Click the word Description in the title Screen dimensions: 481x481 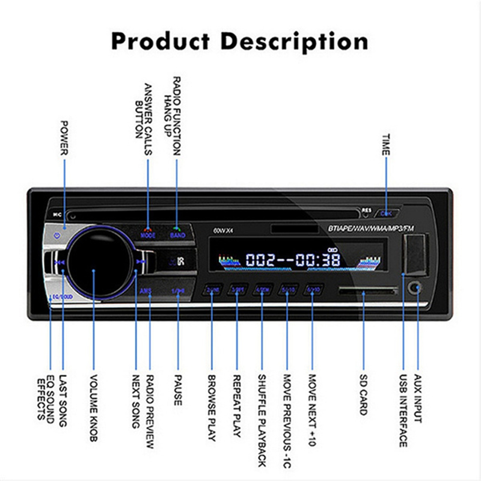point(295,42)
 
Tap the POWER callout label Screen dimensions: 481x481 point(65,138)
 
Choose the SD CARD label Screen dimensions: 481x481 point(363,393)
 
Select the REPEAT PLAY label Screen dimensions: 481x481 point(236,403)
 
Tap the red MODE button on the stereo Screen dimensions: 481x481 point(148,235)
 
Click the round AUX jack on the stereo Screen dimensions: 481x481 point(414,287)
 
